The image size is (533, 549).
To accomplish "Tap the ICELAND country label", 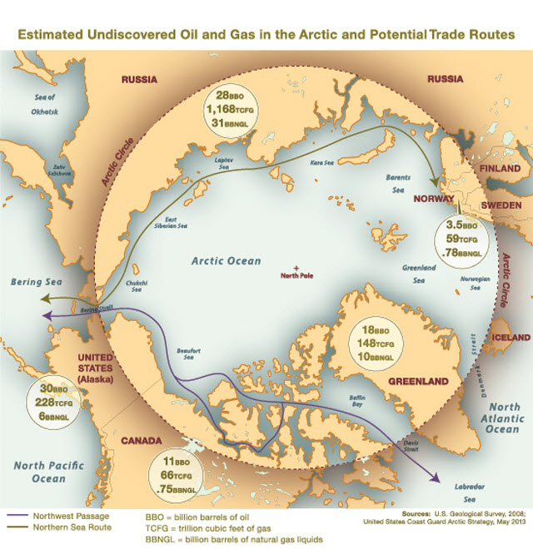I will tap(510, 338).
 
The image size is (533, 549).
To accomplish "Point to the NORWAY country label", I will tap(435, 200).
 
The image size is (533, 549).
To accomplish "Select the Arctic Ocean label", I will tap(226, 260).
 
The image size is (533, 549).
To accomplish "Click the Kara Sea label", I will tap(323, 163).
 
